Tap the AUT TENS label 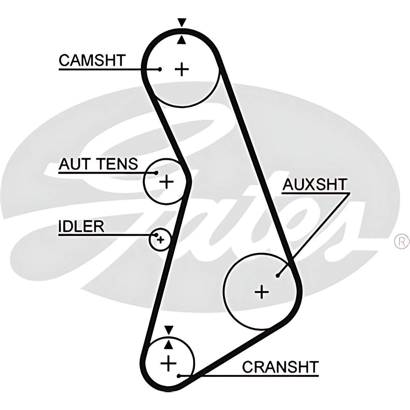pyautogui.click(x=98, y=164)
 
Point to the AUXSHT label pyautogui.click(x=314, y=184)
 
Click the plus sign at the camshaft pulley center pyautogui.click(x=182, y=69)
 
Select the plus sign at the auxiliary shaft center pyautogui.click(x=262, y=291)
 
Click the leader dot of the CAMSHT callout pyautogui.click(x=160, y=69)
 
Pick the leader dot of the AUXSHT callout pyautogui.click(x=278, y=275)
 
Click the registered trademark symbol pyautogui.click(x=402, y=241)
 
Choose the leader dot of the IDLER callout pyautogui.click(x=157, y=235)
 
